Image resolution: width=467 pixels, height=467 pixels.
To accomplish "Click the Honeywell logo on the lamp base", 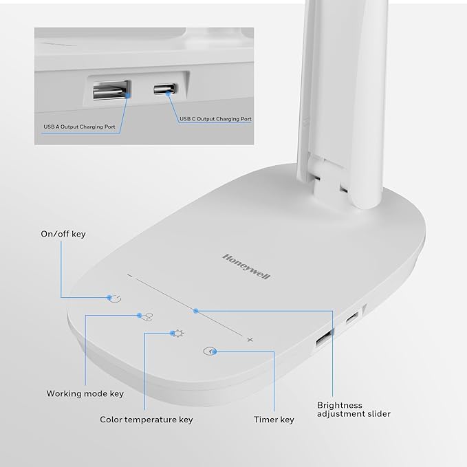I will (246, 265).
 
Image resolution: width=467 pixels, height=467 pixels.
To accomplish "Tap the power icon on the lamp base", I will (114, 298).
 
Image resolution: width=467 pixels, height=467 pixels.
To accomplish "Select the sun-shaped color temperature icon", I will (177, 334).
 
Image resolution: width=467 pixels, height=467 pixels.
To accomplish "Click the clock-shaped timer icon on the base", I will (210, 351).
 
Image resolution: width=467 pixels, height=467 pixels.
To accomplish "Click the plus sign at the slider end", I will (250, 340).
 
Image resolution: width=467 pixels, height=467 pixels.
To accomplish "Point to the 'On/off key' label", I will (63, 235).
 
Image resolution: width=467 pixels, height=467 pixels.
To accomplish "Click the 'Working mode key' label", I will (85, 394).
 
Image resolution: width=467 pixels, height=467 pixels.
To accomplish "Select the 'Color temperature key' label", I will (146, 420).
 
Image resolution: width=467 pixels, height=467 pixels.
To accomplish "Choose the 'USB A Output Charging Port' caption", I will (79, 127).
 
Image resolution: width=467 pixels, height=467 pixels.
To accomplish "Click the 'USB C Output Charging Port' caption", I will (216, 119).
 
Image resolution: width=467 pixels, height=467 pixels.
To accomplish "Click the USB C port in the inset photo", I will (166, 91).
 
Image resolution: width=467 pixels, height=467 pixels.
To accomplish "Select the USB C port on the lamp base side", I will (352, 318).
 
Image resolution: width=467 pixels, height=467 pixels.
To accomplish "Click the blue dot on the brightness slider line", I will (196, 311).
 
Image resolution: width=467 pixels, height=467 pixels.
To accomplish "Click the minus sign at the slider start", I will (130, 276).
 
